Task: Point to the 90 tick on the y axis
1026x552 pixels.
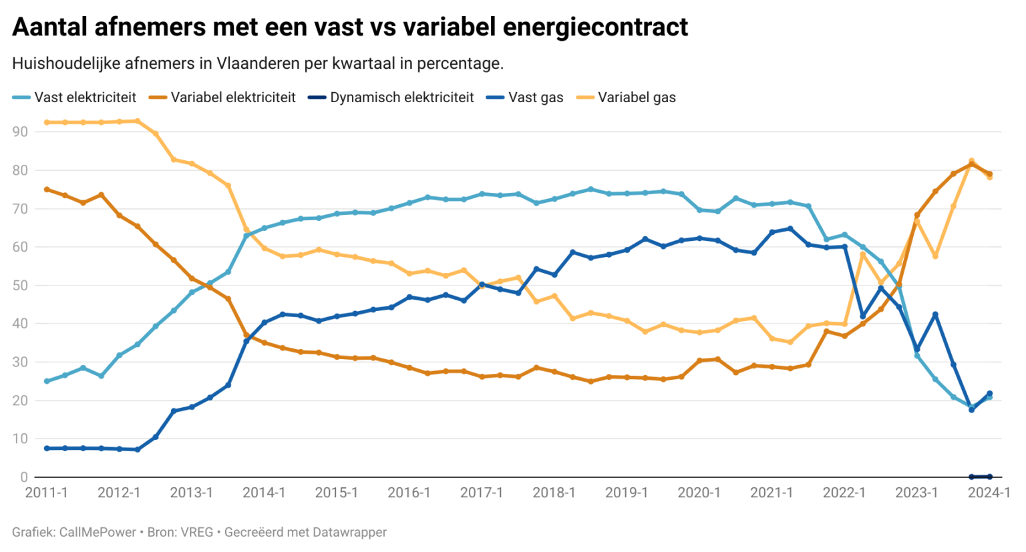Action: pyautogui.click(x=20, y=132)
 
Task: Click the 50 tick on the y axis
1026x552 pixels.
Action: pyautogui.click(x=20, y=286)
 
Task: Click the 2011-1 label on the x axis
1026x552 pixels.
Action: pyautogui.click(x=46, y=493)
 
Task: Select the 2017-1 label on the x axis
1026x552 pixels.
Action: pyautogui.click(x=482, y=493)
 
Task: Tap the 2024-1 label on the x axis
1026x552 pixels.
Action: pyautogui.click(x=989, y=493)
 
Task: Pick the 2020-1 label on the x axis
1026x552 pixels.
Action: pyautogui.click(x=699, y=493)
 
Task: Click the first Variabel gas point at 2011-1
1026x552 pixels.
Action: pyautogui.click(x=47, y=123)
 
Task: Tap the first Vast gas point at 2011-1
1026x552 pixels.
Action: pyautogui.click(x=47, y=449)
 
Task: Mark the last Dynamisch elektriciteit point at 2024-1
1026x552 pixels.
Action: pyautogui.click(x=989, y=477)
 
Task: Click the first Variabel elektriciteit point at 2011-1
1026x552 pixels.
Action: pyautogui.click(x=47, y=190)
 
